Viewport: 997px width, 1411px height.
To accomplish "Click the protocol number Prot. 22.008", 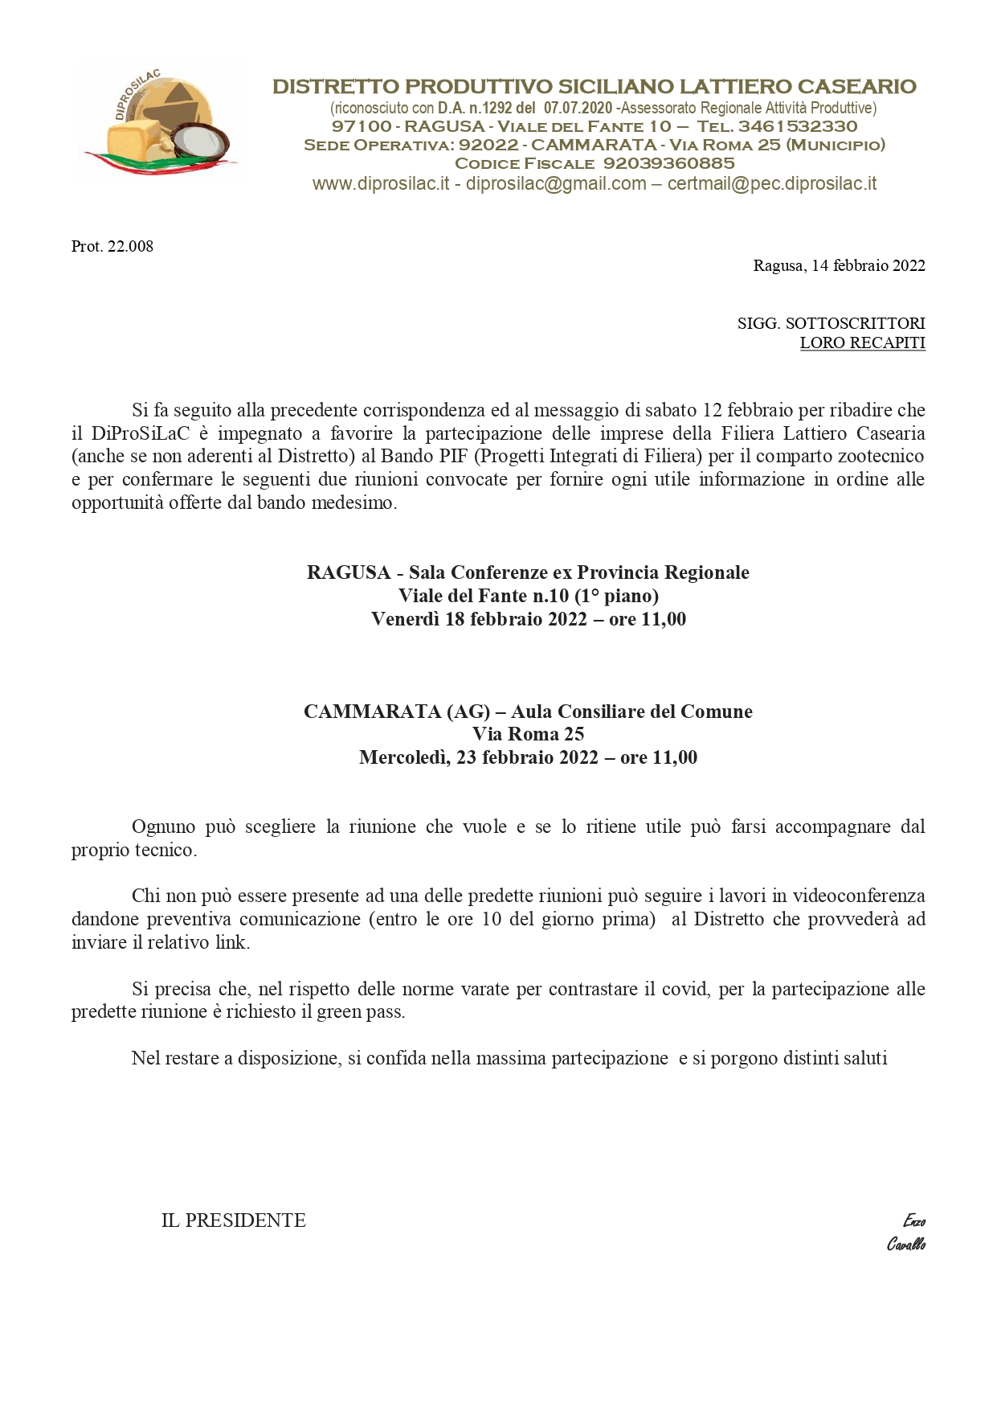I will point(112,246).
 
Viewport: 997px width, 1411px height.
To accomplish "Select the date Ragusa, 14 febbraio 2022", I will point(839,265).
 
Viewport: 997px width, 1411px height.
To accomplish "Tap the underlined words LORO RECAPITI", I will point(862,342).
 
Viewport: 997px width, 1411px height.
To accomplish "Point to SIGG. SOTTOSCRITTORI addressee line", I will point(831,323).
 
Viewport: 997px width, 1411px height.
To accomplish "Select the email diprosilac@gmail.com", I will point(556,183).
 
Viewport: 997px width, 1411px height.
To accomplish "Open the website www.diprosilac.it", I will point(380,183).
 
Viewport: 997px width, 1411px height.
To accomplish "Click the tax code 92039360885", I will point(668,163).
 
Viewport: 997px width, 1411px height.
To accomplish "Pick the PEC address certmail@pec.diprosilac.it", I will point(772,183).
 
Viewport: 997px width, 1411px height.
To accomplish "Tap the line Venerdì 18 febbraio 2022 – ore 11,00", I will point(528,619).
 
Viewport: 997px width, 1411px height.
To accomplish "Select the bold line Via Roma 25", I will point(528,734).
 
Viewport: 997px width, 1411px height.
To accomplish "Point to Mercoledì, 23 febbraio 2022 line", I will point(528,757).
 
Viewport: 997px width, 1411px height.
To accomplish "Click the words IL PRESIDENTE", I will point(233,1220).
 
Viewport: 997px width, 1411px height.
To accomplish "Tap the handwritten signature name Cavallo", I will point(905,1244).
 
